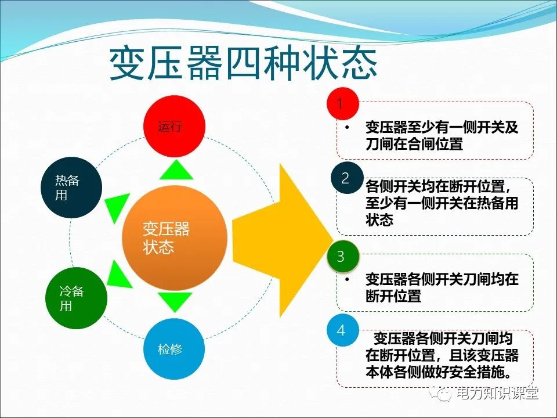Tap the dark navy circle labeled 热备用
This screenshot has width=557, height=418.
[x=71, y=188]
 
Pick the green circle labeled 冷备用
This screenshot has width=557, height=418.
[x=76, y=298]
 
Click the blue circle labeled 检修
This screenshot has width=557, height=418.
[x=174, y=349]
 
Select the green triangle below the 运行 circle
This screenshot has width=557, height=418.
[x=175, y=171]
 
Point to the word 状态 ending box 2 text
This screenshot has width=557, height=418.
[x=379, y=220]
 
